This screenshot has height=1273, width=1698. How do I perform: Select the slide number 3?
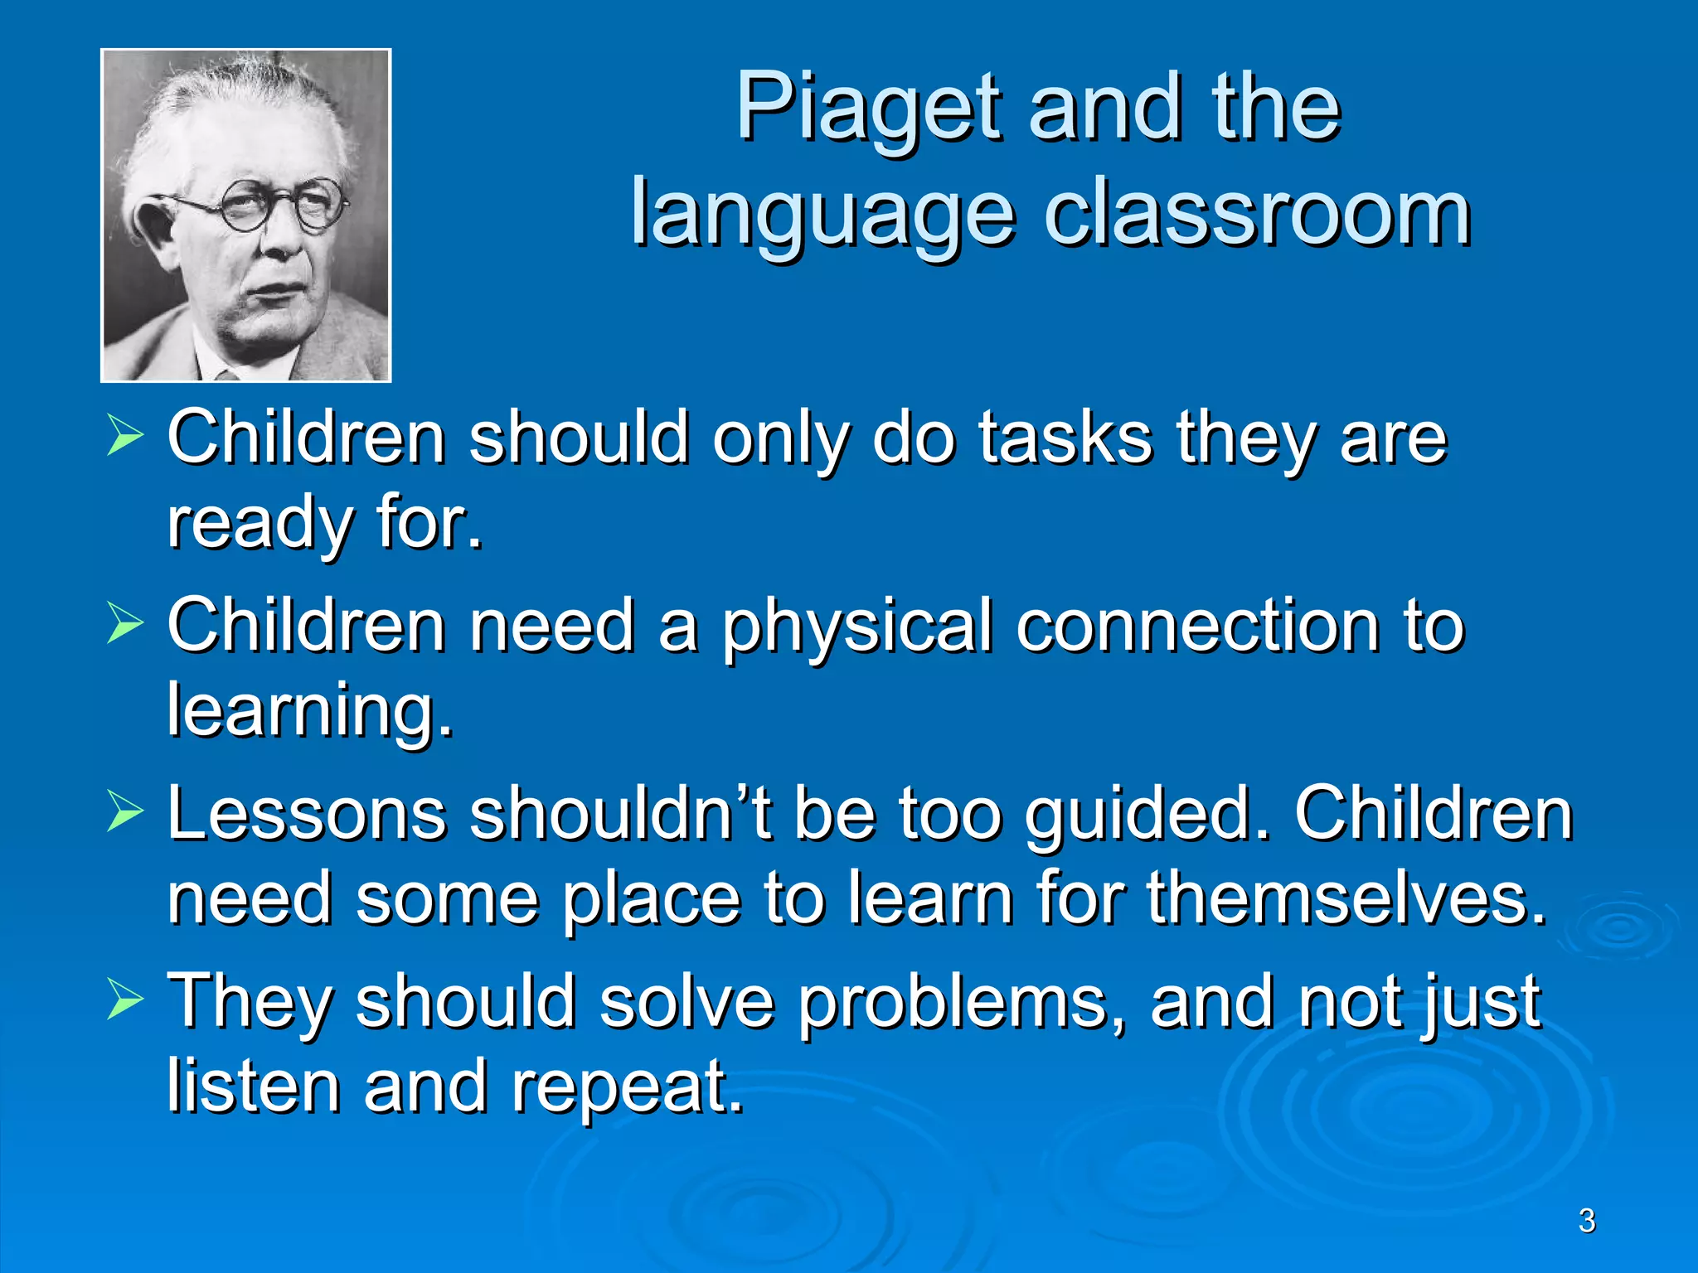pos(1586,1221)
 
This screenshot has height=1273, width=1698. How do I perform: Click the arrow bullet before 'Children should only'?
pos(125,437)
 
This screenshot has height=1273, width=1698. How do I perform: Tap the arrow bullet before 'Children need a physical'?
pos(125,624)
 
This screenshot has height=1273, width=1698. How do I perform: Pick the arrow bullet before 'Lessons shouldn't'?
pos(125,811)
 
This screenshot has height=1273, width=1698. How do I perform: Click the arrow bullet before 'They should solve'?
pos(125,1000)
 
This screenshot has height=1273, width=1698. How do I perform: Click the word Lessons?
pos(306,814)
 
